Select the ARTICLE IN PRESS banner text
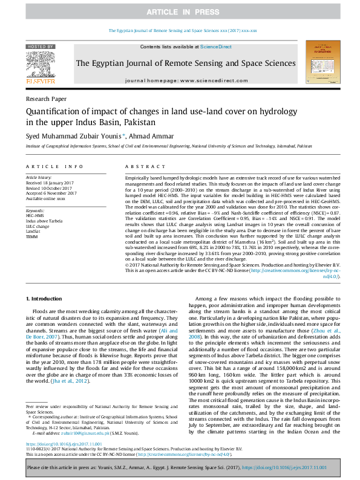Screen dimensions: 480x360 pos(180,12)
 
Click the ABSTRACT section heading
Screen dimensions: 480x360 pos(140,166)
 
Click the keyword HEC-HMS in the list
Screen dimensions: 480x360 pos(35,215)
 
